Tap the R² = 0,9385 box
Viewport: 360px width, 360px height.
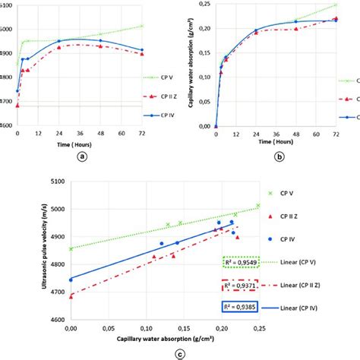point(239,308)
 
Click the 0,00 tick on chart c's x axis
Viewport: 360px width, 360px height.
point(71,329)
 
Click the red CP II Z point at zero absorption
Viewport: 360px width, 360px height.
point(71,296)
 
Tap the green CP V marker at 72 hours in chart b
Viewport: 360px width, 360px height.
point(335,6)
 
